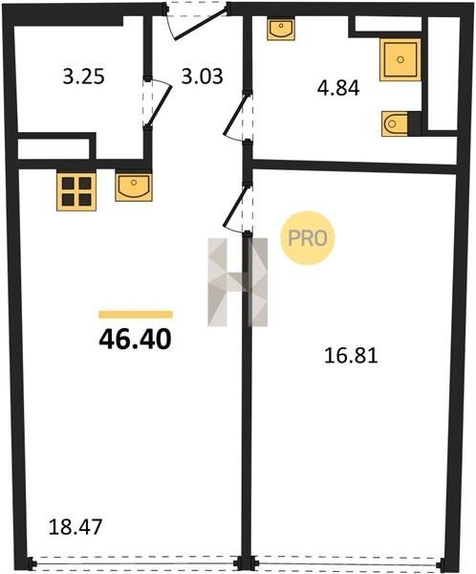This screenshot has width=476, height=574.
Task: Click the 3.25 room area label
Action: (84, 77)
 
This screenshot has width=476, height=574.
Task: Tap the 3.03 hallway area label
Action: (203, 77)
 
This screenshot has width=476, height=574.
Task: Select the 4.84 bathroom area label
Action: (338, 89)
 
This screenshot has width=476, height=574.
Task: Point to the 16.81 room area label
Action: (351, 356)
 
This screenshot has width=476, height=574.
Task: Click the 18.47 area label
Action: (75, 527)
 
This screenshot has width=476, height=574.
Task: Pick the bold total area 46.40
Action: (135, 340)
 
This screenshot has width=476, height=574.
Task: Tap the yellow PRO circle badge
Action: (308, 238)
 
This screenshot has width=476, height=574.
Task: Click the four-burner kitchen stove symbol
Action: (76, 191)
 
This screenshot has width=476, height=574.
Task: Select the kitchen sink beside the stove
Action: (134, 188)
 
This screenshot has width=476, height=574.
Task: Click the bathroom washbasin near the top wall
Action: (281, 30)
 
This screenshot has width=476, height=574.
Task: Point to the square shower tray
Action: (400, 59)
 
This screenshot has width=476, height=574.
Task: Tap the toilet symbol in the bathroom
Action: (395, 124)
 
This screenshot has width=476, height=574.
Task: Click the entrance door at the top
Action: (196, 20)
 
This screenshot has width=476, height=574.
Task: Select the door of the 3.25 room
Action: (158, 101)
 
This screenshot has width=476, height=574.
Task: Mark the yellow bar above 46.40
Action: (136, 315)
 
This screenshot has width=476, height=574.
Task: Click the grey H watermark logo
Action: (237, 282)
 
